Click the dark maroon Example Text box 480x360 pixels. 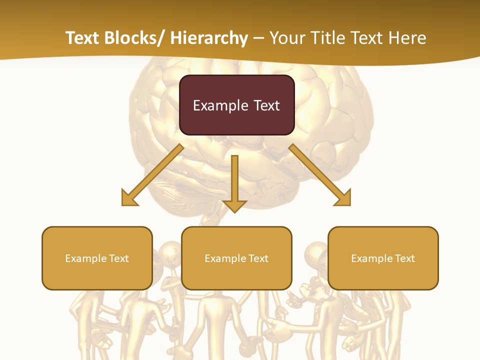236,105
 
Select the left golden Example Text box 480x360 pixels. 97,258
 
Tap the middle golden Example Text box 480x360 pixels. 236,258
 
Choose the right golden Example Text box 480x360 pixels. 383,258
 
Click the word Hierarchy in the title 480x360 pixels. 209,38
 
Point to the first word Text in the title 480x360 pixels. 83,38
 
